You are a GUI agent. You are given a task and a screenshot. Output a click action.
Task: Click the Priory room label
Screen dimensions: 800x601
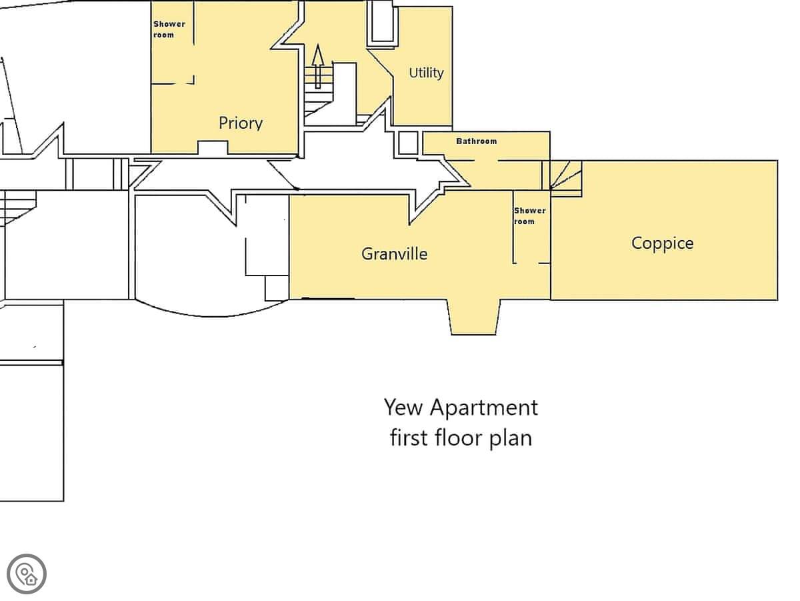tap(241, 123)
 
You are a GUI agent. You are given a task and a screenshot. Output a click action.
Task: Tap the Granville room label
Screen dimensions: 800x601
tap(395, 254)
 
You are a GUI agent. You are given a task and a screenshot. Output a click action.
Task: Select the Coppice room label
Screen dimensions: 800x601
tap(662, 243)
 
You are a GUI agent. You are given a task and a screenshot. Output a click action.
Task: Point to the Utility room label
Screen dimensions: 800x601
tap(426, 73)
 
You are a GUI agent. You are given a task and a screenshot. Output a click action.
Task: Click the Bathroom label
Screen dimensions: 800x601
tap(477, 141)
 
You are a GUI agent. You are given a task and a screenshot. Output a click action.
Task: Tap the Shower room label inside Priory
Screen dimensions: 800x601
tap(169, 29)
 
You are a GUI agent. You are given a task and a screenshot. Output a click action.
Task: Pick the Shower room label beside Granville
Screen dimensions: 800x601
tap(529, 216)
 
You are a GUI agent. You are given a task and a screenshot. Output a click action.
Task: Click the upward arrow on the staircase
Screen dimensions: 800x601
tap(318, 66)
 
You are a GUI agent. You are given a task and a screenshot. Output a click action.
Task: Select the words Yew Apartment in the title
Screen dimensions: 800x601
tap(461, 408)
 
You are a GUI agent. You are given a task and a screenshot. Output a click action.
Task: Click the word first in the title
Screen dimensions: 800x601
tap(409, 438)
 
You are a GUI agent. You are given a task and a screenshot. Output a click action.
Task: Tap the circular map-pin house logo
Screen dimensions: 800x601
tap(27, 574)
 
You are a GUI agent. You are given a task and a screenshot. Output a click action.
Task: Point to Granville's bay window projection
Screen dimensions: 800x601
tap(474, 317)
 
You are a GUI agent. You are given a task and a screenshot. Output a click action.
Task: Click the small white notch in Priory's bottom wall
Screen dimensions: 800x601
tap(213, 147)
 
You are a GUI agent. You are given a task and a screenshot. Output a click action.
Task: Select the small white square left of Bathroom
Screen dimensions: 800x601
tap(408, 143)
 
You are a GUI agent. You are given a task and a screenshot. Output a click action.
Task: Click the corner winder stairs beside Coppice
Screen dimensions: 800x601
tap(565, 178)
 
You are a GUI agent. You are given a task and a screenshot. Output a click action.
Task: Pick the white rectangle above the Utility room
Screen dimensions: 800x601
tap(382, 21)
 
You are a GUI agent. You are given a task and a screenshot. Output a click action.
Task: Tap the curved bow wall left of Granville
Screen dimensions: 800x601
tap(212, 314)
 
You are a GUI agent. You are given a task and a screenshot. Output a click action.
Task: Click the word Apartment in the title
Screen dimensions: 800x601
tap(483, 408)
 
